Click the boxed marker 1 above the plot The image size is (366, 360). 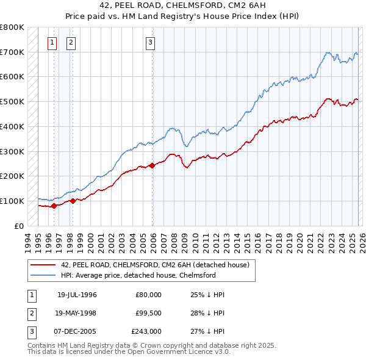[52, 42]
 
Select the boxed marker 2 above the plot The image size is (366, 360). [71, 42]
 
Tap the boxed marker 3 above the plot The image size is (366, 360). [150, 42]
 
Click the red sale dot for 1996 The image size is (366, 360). [54, 206]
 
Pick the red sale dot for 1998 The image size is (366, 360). [73, 201]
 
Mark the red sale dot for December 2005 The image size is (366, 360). [152, 165]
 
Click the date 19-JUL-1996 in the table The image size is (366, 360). [77, 294]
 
